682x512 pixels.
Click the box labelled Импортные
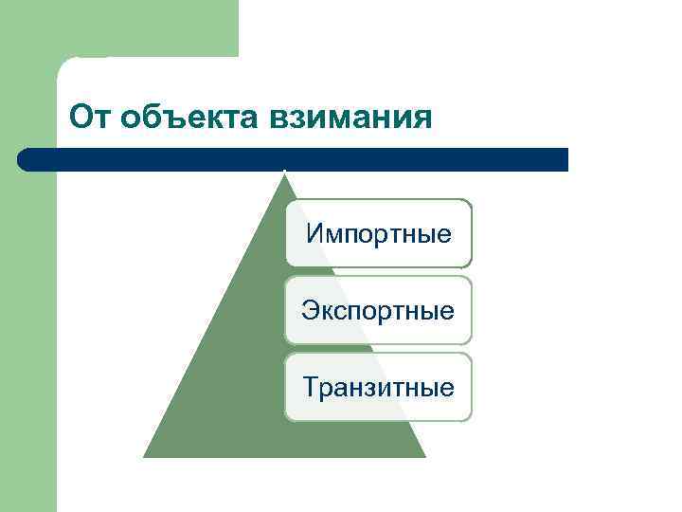tap(378, 233)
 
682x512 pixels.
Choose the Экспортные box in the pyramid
tap(378, 310)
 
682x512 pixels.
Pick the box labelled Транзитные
tap(378, 387)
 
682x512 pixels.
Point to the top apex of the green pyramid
tap(284, 172)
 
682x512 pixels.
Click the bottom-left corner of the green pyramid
tap(145, 456)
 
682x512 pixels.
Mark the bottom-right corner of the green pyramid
tap(423, 456)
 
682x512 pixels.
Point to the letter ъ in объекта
tap(160, 119)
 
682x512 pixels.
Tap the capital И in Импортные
tap(314, 233)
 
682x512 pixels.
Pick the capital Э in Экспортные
tap(310, 310)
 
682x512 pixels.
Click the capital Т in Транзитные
tap(311, 387)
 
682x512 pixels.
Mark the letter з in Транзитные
tap(365, 388)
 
